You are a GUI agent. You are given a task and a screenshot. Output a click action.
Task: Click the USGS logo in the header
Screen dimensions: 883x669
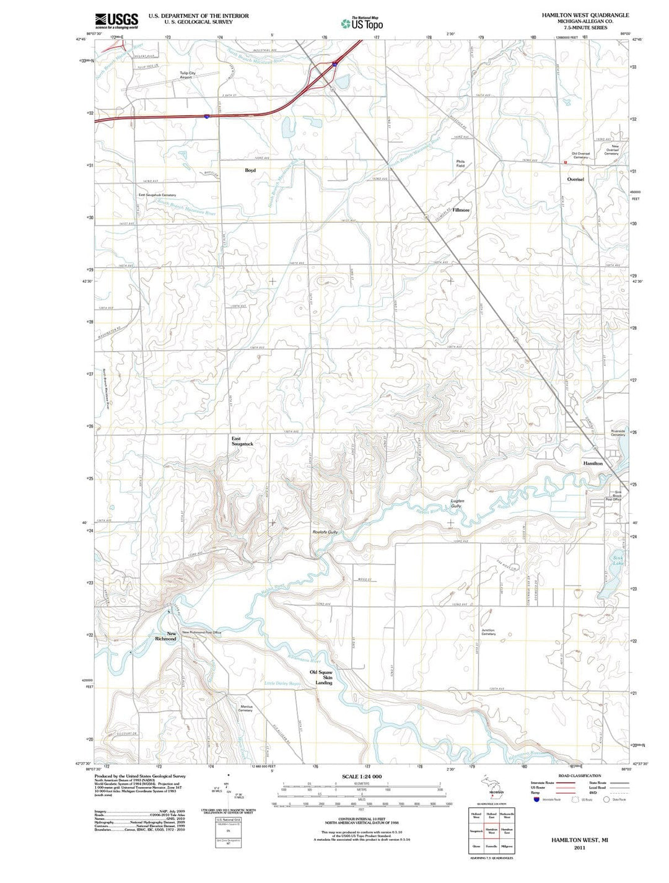[116, 22]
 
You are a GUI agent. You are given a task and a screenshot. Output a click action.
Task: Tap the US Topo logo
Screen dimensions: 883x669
[362, 24]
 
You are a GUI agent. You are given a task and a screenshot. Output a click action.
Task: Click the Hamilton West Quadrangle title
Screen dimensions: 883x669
[576, 15]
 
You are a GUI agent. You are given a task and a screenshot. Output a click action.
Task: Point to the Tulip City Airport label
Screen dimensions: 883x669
[187, 75]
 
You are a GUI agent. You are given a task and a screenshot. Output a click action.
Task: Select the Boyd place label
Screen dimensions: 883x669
[250, 170]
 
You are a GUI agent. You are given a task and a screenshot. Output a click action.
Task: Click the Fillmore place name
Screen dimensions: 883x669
[461, 210]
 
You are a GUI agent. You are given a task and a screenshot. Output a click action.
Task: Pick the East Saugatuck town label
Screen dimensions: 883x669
[242, 441]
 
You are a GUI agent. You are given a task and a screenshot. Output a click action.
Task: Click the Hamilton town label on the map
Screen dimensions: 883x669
[593, 463]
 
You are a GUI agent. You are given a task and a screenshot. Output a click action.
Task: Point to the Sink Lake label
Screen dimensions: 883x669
[618, 560]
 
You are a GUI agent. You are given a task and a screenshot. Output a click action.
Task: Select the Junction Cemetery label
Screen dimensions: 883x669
[488, 632]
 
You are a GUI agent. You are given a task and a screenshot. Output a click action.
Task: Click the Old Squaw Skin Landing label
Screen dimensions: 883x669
[321, 677]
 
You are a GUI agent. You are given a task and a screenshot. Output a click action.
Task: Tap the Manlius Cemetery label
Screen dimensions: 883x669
[245, 708]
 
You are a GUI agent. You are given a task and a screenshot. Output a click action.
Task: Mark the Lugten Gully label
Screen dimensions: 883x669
[457, 503]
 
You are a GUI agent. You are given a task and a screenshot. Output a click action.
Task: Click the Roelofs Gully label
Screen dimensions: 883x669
[325, 532]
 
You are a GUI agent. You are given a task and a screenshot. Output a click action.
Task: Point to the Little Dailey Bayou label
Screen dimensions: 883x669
[282, 683]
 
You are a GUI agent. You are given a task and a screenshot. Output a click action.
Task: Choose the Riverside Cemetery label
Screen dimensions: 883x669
[618, 433]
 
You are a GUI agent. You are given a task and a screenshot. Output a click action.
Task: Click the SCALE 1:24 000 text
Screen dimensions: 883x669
[362, 777]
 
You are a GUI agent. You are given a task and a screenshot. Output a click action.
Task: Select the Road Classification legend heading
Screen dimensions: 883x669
[579, 776]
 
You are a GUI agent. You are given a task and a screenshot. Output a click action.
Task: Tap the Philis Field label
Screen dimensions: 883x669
[460, 164]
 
